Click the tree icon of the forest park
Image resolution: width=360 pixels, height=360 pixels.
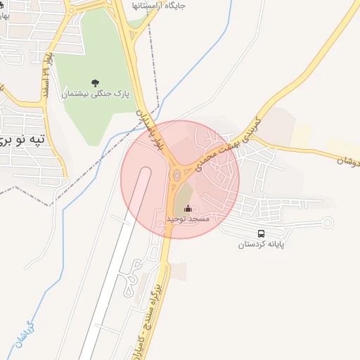[96, 82]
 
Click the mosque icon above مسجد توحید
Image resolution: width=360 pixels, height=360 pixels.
[187, 209]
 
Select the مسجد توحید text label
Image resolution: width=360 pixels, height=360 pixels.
[188, 219]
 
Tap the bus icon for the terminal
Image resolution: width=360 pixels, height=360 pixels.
[262, 233]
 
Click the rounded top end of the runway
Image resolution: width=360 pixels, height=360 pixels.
[145, 173]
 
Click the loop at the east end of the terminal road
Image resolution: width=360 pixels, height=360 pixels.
[326, 224]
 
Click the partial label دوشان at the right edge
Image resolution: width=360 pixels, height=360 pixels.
[347, 161]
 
